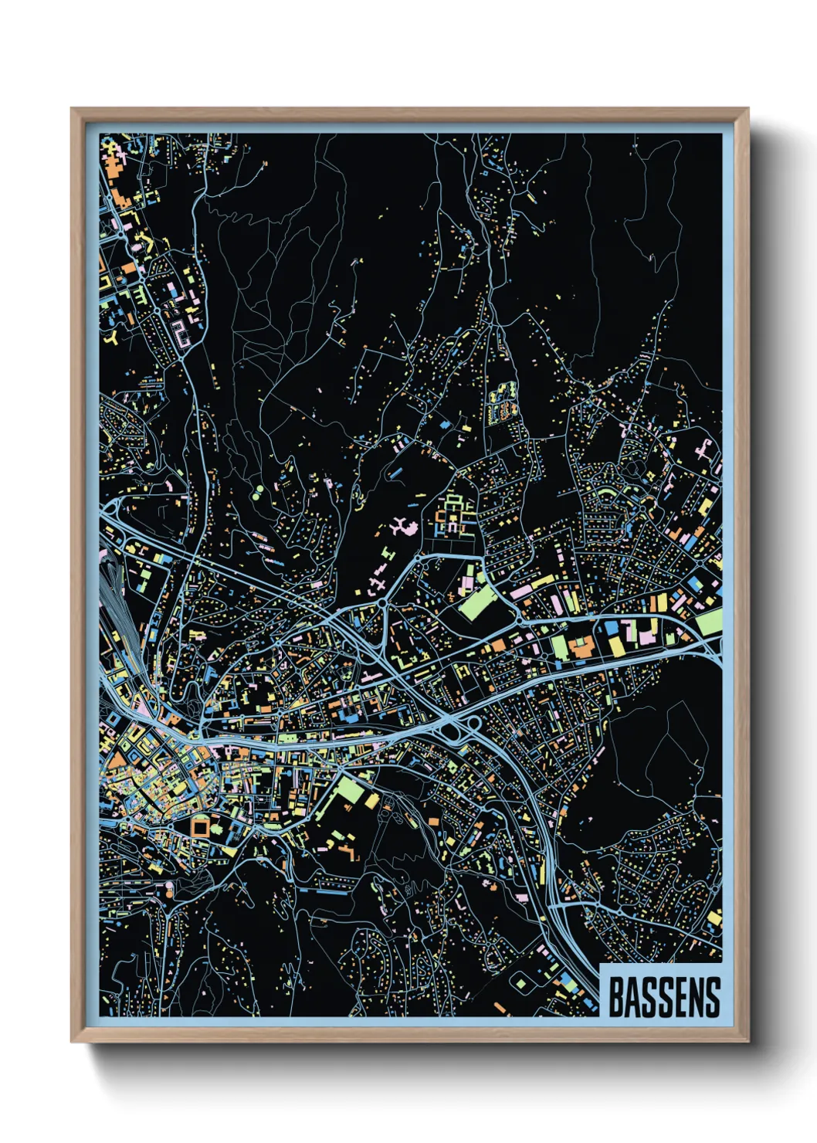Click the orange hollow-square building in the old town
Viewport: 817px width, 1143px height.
click(200, 827)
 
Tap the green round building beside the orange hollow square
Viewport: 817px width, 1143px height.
click(218, 828)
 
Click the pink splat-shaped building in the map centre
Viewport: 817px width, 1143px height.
click(402, 529)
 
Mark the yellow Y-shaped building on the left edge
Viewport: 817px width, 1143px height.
click(114, 337)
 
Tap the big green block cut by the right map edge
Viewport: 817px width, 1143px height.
click(709, 622)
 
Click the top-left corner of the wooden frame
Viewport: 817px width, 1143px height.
click(73, 110)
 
